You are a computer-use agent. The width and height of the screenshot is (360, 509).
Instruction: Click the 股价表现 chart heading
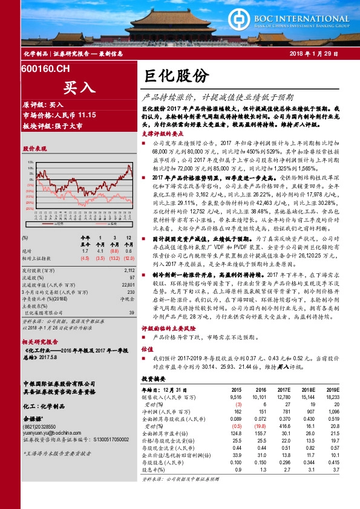click(x=34, y=148)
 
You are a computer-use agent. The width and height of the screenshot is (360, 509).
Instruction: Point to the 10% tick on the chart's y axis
click(x=31, y=163)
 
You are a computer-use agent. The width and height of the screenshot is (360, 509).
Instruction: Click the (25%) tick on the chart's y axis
click(x=30, y=207)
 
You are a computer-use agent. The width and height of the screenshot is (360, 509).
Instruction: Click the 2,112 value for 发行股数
click(x=128, y=271)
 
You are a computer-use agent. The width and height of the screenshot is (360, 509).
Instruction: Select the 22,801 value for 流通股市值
click(x=127, y=284)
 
